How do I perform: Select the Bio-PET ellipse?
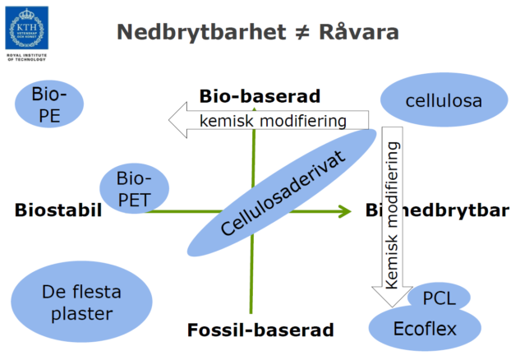(x=135, y=187)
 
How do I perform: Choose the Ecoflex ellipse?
(x=424, y=329)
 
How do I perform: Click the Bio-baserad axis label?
(x=260, y=96)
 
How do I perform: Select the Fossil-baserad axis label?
(x=260, y=330)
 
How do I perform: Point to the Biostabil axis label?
(x=58, y=210)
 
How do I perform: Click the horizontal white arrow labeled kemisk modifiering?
(x=271, y=121)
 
